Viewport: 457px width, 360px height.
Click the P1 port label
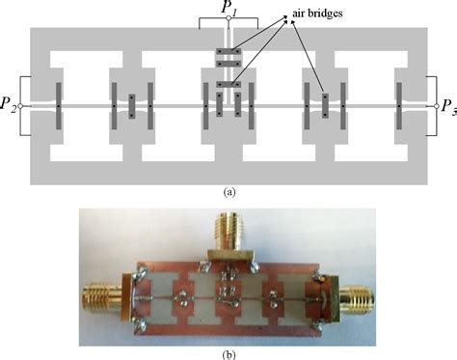click(228, 8)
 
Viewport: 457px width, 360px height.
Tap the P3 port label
click(448, 105)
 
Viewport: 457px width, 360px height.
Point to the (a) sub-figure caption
click(228, 192)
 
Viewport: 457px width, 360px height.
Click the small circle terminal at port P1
click(228, 28)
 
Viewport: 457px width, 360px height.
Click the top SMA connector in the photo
click(228, 233)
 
